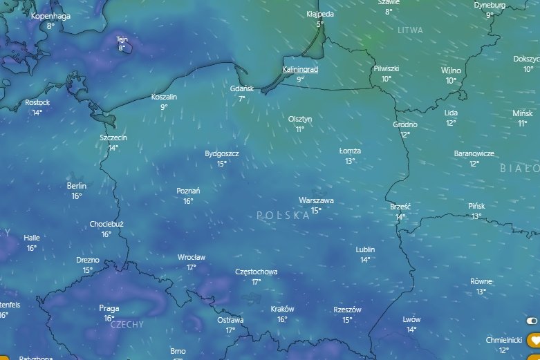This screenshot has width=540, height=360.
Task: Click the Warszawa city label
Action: click(x=316, y=200)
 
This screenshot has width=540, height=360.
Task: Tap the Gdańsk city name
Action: click(x=242, y=89)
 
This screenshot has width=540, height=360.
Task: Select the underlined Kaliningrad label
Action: click(x=300, y=70)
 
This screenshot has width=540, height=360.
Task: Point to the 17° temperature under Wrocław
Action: click(x=192, y=267)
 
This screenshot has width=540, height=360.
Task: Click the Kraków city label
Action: click(x=282, y=310)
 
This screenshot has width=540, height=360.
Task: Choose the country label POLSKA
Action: click(x=283, y=216)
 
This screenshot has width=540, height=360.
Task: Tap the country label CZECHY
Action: click(x=127, y=324)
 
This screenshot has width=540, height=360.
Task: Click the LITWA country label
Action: click(x=410, y=31)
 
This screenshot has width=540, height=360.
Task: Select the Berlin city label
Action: click(x=77, y=186)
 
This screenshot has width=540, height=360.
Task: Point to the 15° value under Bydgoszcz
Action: click(x=222, y=164)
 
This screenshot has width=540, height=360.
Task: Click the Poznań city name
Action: click(x=188, y=191)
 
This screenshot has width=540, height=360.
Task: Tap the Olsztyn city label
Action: click(x=300, y=119)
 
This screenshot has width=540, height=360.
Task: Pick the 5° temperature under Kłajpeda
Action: click(x=319, y=24)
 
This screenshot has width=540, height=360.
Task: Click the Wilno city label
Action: click(x=451, y=70)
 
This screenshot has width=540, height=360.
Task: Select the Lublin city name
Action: click(x=365, y=249)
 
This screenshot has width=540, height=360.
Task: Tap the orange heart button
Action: click(x=533, y=340)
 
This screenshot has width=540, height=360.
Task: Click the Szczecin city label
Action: click(x=113, y=138)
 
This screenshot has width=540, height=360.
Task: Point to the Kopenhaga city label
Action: click(x=51, y=15)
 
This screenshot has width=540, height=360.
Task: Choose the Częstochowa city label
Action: click(x=256, y=272)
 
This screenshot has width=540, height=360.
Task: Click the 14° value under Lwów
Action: click(x=411, y=330)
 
